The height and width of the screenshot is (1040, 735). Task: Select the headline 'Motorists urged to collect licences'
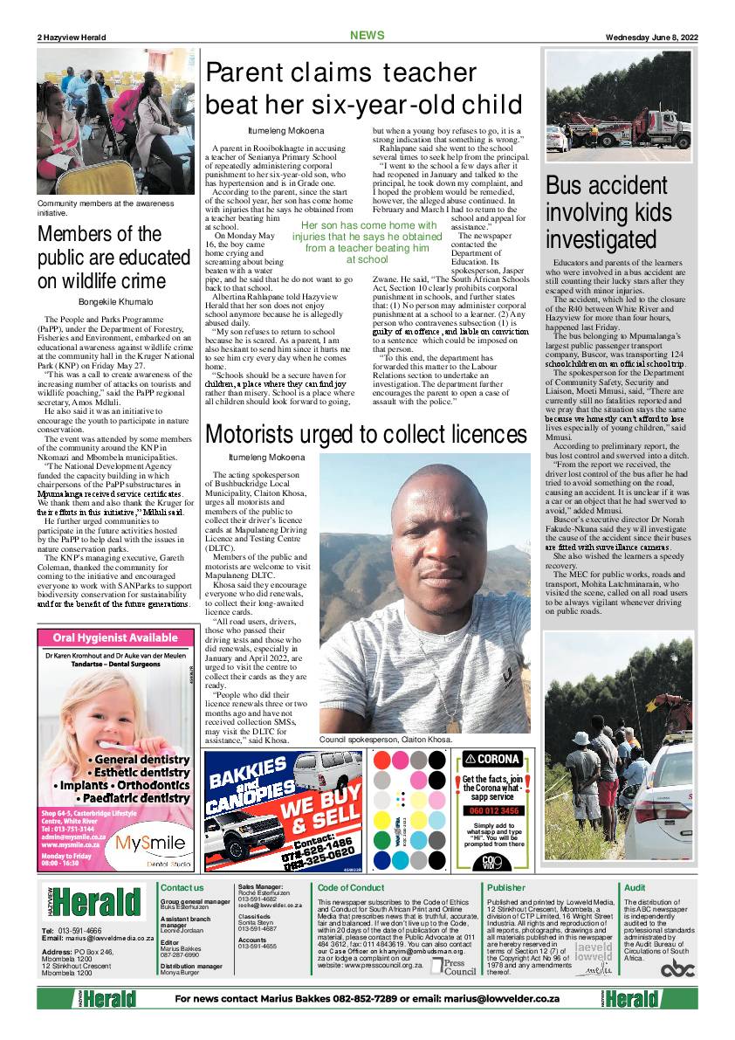pos(366,435)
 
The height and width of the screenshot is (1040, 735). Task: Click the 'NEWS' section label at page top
pos(367,36)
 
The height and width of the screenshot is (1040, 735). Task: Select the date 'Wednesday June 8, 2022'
pos(653,37)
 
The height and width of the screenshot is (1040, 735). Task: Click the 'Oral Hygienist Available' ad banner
pos(115,638)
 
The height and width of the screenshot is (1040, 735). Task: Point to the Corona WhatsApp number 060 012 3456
pos(495,811)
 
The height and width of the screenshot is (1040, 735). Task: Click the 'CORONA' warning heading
pos(494,759)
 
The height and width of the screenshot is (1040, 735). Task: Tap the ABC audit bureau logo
pos(677,968)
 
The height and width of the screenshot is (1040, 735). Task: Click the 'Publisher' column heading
pos(506,887)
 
